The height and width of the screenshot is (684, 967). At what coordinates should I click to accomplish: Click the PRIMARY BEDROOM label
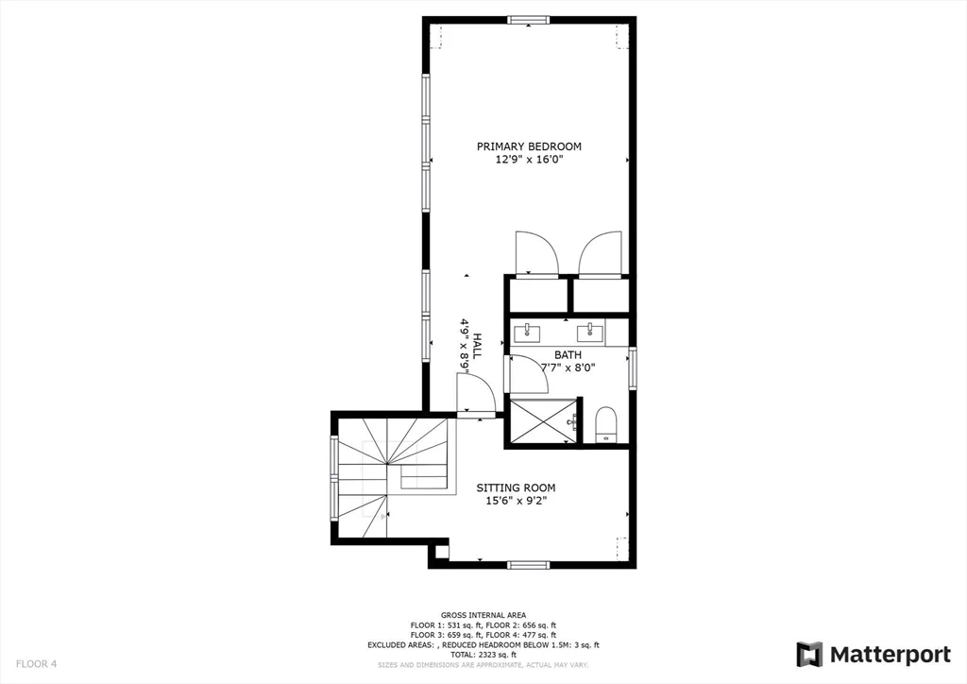point(529,146)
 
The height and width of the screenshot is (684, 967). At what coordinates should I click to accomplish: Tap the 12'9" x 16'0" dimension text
point(529,160)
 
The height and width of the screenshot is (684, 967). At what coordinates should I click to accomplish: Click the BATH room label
point(568,355)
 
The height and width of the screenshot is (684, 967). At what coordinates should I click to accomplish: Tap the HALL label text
point(477,344)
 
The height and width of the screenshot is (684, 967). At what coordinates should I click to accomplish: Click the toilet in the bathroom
point(605,424)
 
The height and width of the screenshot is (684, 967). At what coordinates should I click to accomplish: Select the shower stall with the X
point(542,420)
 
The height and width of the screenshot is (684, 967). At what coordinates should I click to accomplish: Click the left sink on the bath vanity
point(527,332)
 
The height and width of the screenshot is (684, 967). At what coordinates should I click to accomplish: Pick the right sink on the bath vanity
point(593,331)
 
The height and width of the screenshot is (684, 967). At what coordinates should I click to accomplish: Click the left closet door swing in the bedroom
point(536,253)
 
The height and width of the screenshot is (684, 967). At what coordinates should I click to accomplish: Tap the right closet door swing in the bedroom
point(600,253)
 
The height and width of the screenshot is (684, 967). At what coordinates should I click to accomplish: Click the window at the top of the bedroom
point(529,20)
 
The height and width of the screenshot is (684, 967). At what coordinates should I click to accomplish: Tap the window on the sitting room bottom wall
point(528,565)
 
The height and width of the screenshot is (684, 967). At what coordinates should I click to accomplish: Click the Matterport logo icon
point(809,655)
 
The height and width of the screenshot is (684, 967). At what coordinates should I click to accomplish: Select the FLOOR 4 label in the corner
point(35,664)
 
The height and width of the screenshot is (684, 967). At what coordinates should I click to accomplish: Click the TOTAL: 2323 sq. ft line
point(483,654)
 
